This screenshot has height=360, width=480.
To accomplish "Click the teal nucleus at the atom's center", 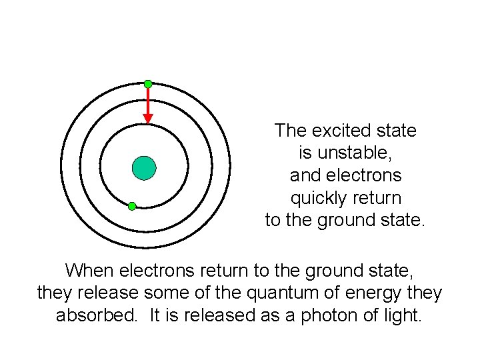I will [x=144, y=168].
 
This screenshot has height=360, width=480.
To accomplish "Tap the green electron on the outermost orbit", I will [x=148, y=84].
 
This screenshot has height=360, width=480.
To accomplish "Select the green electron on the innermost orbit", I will [x=132, y=206].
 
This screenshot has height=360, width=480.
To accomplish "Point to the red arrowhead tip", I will [x=148, y=121].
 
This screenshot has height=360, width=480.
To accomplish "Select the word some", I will [x=179, y=293].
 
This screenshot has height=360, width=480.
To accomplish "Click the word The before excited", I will [x=289, y=131].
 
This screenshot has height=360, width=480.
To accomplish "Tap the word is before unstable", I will [x=305, y=153].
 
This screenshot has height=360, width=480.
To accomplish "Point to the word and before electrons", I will [x=303, y=175].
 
